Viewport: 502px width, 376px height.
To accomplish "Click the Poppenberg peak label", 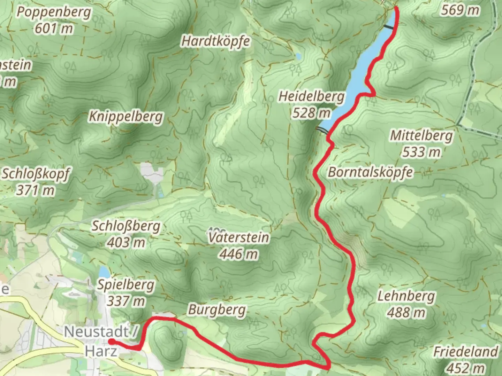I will pos(54,13).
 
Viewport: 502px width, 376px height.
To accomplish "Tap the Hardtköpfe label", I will pos(216,41).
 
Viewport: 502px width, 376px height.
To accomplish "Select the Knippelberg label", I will pos(126,117).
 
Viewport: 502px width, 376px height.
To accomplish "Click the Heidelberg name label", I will pos(311,96).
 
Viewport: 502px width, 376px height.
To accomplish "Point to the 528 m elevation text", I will pos(311,113).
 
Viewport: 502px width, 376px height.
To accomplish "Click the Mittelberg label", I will pos(421,135).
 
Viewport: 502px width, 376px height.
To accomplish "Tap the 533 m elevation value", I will pos(421,152).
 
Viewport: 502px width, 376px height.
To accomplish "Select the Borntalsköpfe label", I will pos(371,172).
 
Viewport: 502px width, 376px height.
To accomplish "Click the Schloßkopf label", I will pos(36,174).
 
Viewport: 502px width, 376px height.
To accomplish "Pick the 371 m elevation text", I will pos(36,190).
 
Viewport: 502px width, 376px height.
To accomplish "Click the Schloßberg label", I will pos(126,226).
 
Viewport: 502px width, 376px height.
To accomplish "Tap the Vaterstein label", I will pos(239,238).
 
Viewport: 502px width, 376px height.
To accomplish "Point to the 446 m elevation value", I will pos(239,254).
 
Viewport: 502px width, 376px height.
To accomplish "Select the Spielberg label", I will pos(125,285).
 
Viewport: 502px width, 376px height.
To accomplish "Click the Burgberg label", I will pos(217,310).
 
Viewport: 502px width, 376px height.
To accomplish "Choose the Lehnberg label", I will pos(406,296).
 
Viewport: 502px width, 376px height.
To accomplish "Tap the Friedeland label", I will pos(466,352).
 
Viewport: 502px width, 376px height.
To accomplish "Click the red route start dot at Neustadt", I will pos(111,341).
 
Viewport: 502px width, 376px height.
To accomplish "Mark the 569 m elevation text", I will pos(460,10).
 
